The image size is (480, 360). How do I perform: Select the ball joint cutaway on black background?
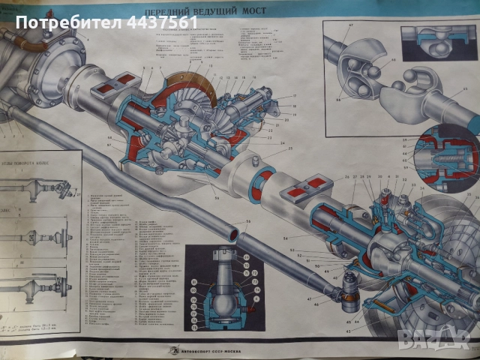(221, 285)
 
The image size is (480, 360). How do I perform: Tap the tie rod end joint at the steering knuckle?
(349, 289)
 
